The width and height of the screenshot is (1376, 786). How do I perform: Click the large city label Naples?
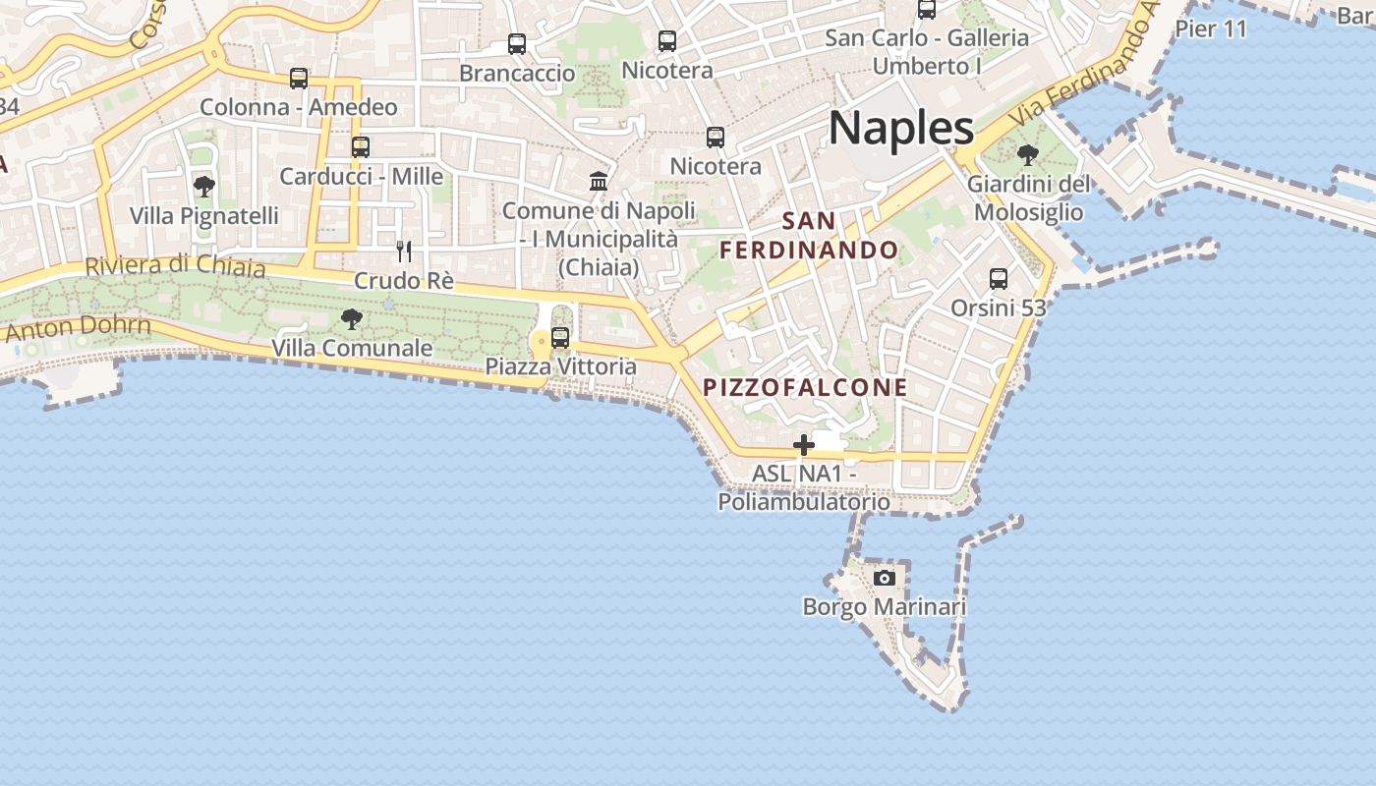click(901, 129)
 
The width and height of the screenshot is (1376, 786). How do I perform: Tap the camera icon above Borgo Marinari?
click(885, 578)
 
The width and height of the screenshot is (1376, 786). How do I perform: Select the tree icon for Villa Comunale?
click(351, 318)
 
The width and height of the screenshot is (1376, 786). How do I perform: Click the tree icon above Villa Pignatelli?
click(204, 186)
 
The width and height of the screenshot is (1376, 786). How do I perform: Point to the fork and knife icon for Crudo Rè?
click(404, 252)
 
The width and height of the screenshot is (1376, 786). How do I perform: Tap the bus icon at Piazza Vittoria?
click(560, 338)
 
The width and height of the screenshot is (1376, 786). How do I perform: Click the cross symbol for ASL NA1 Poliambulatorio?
click(804, 445)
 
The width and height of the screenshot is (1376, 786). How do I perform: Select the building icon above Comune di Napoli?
click(598, 181)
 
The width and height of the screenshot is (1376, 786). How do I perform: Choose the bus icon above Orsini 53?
click(999, 279)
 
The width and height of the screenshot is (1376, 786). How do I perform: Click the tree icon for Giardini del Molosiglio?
click(1028, 155)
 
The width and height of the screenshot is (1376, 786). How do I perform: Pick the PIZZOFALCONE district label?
click(806, 387)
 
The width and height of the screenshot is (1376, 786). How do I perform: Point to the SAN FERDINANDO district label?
click(810, 236)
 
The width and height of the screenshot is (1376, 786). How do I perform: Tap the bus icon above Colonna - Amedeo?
click(299, 79)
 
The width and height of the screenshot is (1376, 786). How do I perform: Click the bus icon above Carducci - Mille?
click(361, 147)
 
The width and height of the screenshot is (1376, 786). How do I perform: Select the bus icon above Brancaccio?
click(517, 44)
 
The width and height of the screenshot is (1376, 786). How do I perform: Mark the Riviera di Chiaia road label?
click(175, 265)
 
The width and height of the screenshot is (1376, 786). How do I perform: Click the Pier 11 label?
click(1211, 28)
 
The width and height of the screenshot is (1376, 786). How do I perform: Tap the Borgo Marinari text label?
click(885, 606)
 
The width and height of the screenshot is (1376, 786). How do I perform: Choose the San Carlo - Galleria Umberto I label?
click(927, 52)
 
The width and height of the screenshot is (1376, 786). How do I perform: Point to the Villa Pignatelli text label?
click(204, 215)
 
